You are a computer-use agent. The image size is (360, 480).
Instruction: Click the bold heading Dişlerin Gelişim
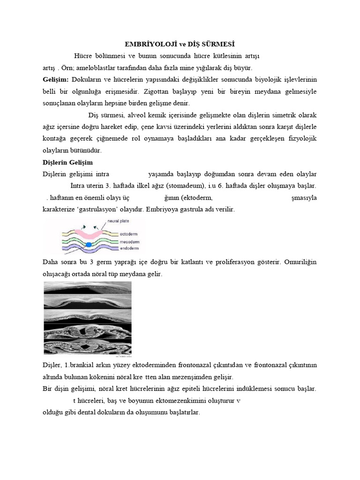coord(65,163)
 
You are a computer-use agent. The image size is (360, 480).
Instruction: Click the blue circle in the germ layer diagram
coord(88,244)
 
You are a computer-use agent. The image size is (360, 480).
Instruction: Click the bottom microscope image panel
coord(88,348)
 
